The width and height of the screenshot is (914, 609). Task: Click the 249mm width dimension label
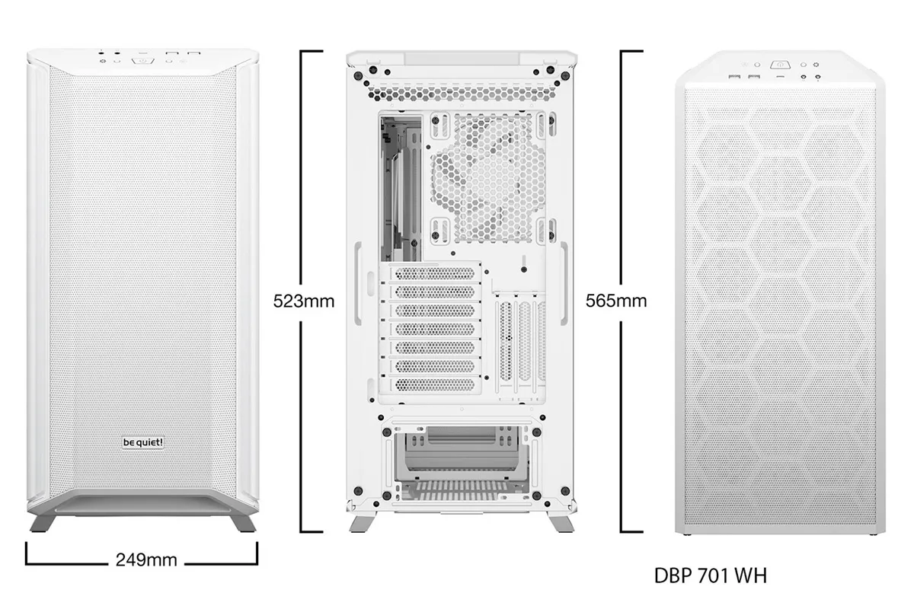pos(146,560)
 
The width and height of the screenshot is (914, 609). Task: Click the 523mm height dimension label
pos(304,301)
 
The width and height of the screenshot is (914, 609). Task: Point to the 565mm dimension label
pos(616,301)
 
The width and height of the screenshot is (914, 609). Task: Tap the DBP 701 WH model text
pos(711,576)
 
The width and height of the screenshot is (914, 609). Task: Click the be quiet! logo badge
pos(143,442)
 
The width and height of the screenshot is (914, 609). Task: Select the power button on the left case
pos(143,61)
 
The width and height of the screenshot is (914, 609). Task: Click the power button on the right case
pos(780,65)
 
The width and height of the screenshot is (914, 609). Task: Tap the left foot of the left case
pos(42,523)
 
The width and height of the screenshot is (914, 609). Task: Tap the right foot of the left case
pos(244,523)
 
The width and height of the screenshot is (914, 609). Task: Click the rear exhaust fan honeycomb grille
pos(487,179)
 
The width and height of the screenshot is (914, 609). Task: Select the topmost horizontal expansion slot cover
pos(435,273)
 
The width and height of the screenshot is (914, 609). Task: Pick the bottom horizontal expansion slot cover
pos(435,384)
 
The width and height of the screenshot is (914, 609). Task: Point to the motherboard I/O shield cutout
pos(401,189)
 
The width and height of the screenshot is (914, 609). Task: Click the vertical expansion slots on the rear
pos(521,346)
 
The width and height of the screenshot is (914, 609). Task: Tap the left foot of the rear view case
pos(363,524)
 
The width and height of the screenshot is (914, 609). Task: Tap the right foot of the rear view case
pos(561,524)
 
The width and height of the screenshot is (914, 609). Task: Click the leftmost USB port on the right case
pos(734,77)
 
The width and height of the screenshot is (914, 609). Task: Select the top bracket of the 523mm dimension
pos(312,52)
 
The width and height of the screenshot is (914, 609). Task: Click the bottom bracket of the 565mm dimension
pos(631,531)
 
